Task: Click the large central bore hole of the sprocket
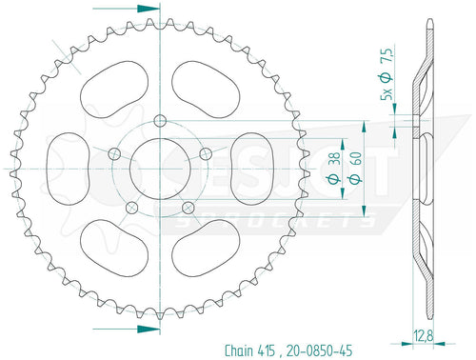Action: coord(159,167)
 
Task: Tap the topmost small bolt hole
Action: coord(159,118)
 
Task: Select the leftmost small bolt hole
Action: coord(113,152)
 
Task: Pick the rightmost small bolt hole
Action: coord(206,152)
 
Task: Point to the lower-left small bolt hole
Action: coord(131,207)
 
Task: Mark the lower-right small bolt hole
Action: coord(188,207)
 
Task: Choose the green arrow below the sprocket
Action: coord(141,329)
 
